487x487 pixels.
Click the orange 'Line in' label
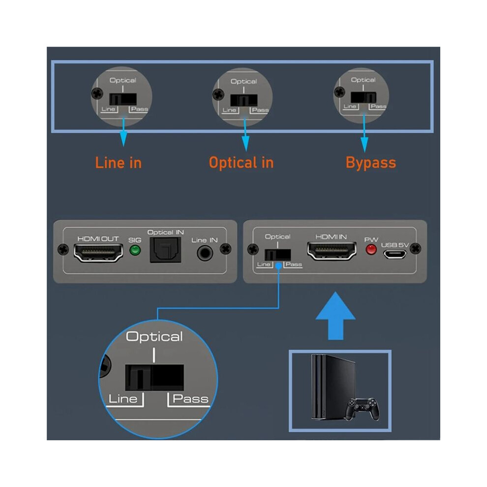119,163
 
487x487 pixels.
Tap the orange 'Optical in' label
242,163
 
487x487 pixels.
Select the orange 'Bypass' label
371,163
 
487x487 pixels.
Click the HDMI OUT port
98,253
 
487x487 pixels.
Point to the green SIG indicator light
135,250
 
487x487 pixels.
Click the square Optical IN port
166,250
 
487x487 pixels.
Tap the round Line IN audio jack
205,253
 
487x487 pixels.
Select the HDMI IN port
332,251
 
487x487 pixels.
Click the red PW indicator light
371,250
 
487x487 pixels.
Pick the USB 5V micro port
395,254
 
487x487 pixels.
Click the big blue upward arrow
335,315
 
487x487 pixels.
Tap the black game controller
363,409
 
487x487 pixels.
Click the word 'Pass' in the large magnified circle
190,398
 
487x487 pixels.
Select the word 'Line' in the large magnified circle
123,399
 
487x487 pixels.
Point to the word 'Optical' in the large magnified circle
154,337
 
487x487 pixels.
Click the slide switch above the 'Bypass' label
364,97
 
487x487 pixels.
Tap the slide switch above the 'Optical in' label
244,100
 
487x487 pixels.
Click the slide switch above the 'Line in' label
122,99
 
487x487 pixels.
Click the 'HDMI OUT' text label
98,239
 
